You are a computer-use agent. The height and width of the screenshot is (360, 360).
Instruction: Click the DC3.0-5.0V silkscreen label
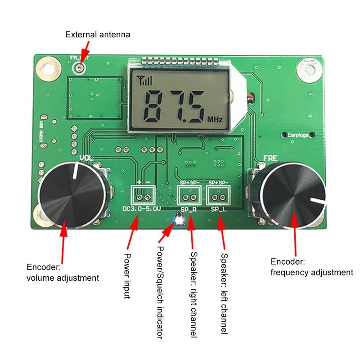142,209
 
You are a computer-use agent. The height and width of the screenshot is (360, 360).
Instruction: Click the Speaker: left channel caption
224,292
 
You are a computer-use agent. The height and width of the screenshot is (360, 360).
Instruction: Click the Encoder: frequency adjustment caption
311,267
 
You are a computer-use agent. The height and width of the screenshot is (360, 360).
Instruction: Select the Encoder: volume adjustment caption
63,272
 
